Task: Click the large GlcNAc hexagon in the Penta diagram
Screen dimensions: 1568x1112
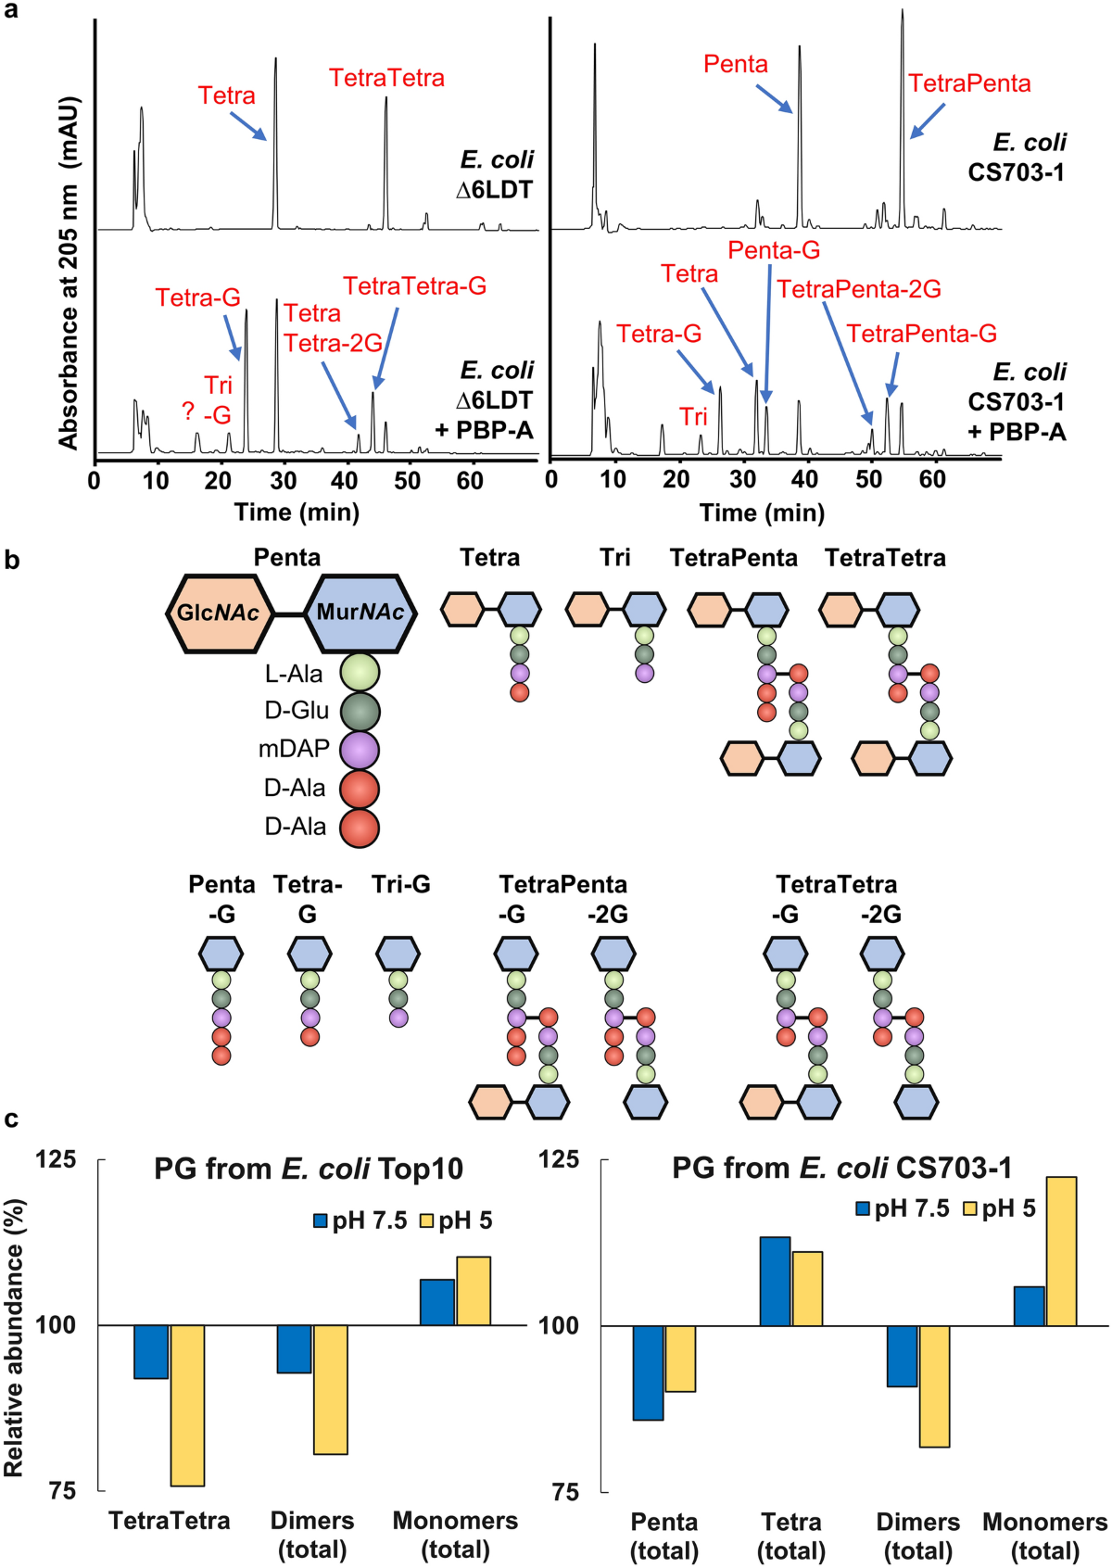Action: tap(219, 613)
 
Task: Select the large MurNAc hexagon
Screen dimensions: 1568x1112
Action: tap(360, 613)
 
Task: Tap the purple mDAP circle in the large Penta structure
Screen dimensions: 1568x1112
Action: tap(360, 750)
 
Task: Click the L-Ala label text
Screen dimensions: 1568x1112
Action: tap(294, 674)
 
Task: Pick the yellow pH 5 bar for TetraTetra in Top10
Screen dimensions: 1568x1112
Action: tap(187, 1405)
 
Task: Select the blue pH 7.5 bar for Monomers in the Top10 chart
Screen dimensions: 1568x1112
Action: tap(437, 1302)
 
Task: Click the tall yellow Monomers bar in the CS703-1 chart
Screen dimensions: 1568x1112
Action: tap(1061, 1251)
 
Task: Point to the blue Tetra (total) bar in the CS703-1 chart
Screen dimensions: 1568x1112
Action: tap(775, 1281)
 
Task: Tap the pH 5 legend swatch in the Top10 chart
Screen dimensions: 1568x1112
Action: tap(427, 1221)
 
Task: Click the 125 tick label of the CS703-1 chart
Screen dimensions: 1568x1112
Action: tap(559, 1159)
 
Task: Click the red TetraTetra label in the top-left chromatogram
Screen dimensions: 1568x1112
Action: tap(386, 78)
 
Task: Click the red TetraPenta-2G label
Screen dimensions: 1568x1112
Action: tap(859, 289)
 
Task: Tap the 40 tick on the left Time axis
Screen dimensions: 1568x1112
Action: tap(346, 480)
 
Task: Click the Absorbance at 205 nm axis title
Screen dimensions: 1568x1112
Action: tap(69, 273)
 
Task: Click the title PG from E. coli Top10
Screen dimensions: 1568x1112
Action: tap(309, 1169)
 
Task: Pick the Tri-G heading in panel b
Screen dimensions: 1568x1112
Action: tap(400, 885)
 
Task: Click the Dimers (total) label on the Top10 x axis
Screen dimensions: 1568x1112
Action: tap(312, 1535)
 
